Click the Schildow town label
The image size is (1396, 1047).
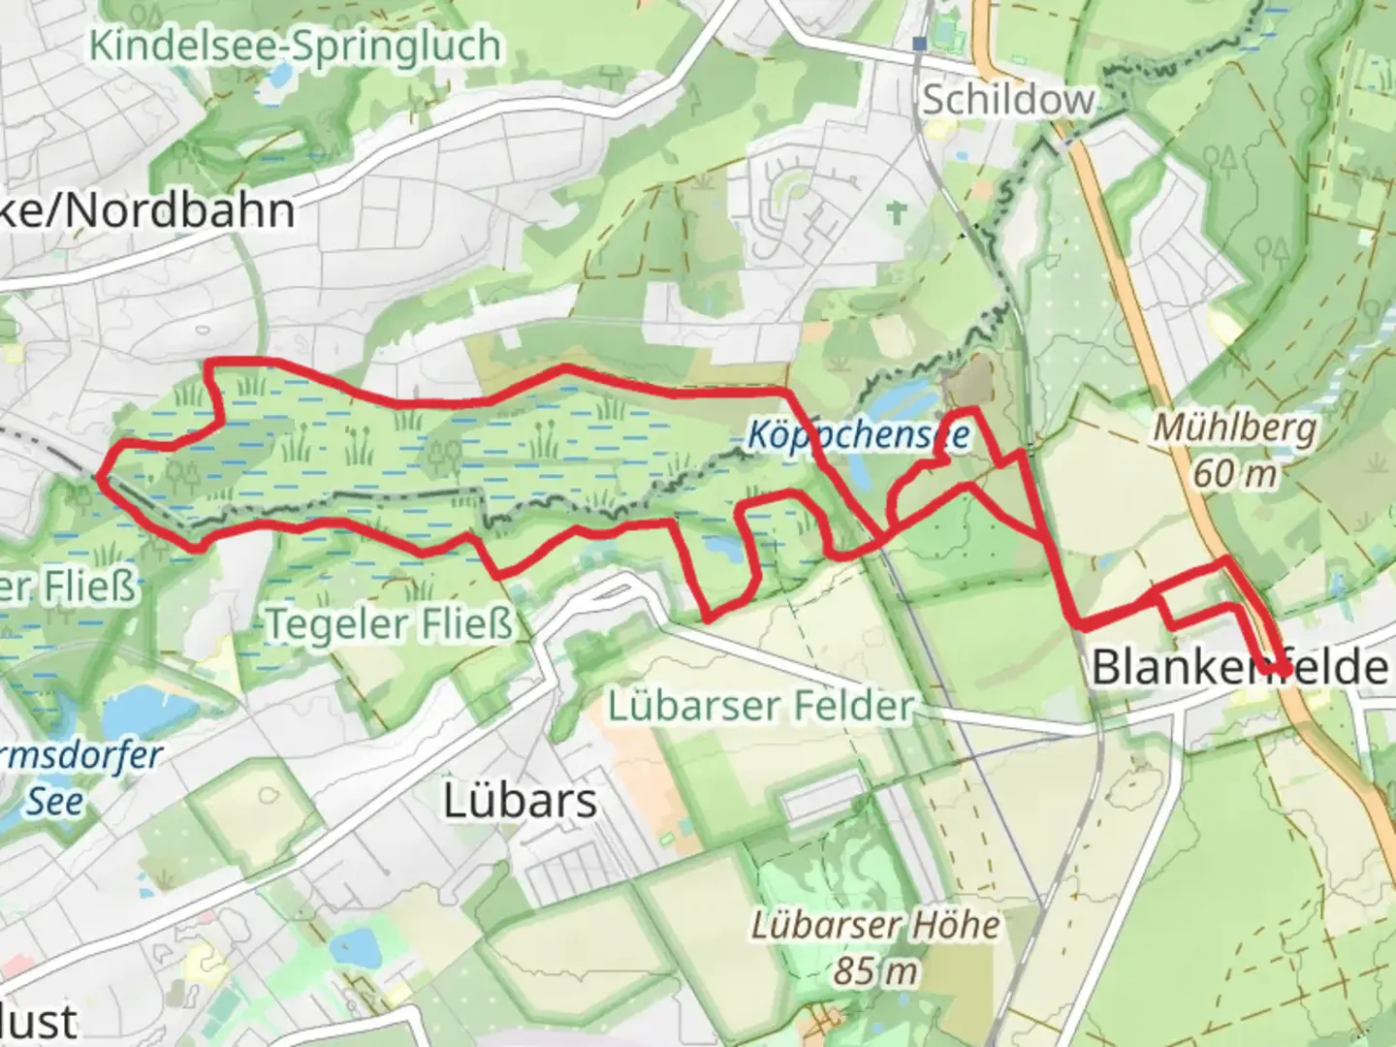[1008, 99]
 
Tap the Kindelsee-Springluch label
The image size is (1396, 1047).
[296, 46]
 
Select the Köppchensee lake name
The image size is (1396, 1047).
[858, 434]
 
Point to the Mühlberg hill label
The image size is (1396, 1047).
[1235, 428]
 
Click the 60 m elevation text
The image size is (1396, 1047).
[1235, 474]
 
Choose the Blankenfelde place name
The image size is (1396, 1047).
[1239, 667]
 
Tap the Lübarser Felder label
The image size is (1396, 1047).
[761, 706]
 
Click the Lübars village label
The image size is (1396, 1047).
[520, 801]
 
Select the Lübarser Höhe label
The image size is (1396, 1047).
[875, 925]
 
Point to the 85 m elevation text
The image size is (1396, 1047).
[875, 969]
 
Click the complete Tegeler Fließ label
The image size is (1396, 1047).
[389, 624]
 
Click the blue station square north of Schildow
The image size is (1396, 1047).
[919, 44]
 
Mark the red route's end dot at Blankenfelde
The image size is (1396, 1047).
[1284, 669]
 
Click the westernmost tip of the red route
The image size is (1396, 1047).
[99, 475]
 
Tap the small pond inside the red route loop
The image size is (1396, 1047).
[722, 549]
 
